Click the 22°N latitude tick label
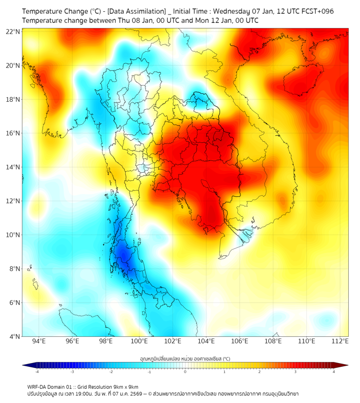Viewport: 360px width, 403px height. [x=13, y=31]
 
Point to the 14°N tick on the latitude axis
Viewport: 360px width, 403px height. [x=13, y=167]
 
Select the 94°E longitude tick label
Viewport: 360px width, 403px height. [x=39, y=341]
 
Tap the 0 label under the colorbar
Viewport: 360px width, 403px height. [x=185, y=372]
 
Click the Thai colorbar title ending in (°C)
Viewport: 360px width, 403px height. [x=185, y=359]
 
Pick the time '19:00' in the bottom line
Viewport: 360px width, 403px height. [x=83, y=394]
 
